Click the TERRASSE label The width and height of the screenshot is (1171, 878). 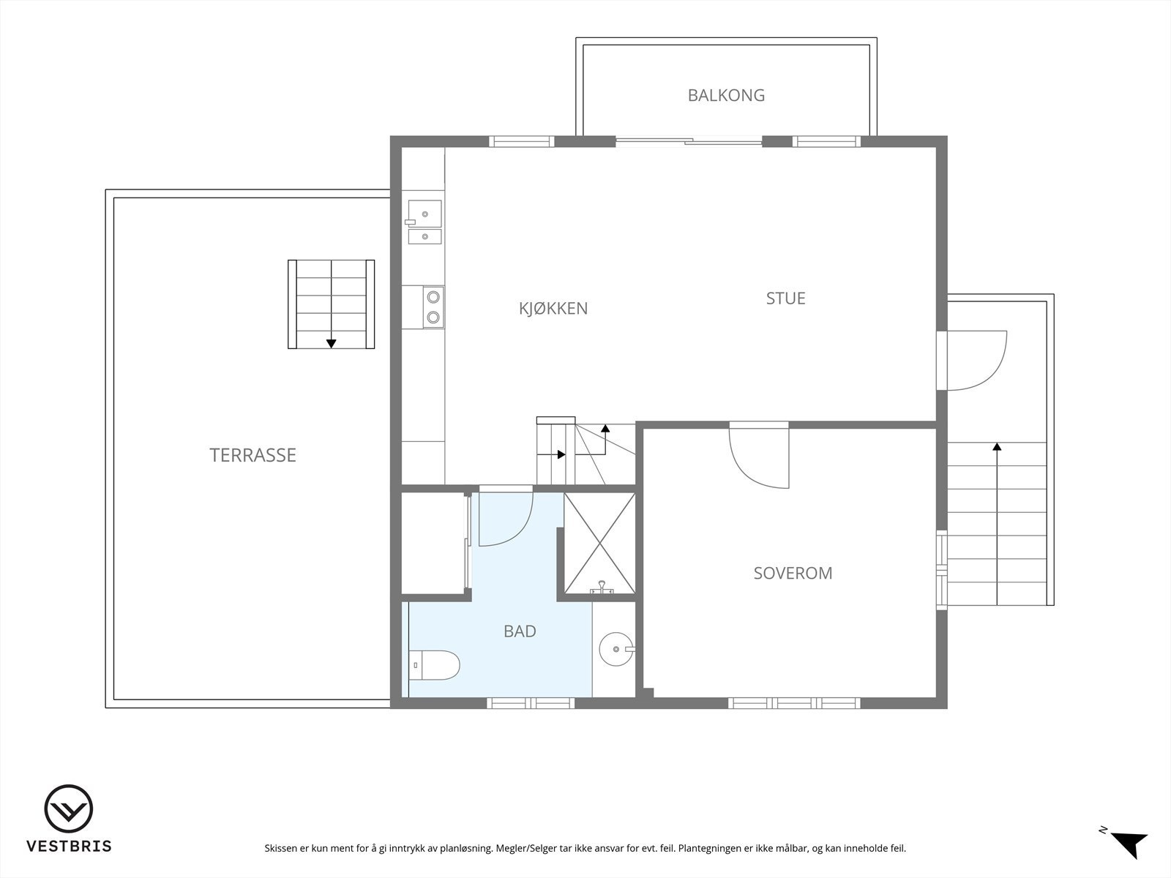253,454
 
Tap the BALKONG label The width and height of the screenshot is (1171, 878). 726,95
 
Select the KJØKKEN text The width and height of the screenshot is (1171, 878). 553,308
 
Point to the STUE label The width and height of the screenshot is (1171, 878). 786,298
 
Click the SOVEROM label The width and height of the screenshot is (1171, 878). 793,573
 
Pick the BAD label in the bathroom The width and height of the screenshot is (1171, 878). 520,631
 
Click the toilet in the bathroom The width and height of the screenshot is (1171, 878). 434,665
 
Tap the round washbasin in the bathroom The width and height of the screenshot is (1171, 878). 616,649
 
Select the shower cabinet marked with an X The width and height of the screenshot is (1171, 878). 599,543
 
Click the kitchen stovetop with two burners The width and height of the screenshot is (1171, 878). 433,307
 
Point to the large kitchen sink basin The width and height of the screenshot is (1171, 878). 424,214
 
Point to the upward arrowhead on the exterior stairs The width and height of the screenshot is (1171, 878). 997,446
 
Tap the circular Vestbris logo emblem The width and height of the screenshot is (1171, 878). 68,808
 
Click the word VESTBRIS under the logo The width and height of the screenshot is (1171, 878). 69,846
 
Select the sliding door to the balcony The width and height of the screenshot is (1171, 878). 689,142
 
